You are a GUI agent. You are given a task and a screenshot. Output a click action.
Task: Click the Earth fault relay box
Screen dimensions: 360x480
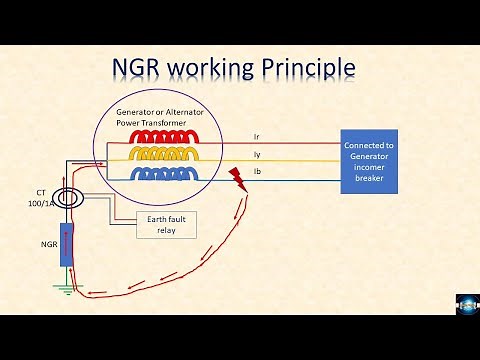tap(166, 225)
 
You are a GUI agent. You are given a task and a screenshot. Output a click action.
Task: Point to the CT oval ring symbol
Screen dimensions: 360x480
tap(68, 198)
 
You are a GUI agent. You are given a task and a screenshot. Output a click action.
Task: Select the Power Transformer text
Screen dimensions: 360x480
tap(153, 123)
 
